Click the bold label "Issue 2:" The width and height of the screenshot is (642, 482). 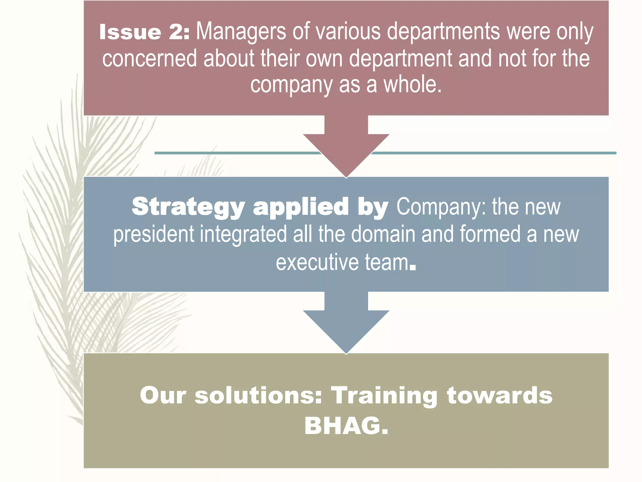[x=144, y=32]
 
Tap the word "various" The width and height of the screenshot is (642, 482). [x=343, y=31]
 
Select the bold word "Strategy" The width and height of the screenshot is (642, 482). [x=188, y=207]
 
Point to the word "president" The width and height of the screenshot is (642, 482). [x=154, y=235]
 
